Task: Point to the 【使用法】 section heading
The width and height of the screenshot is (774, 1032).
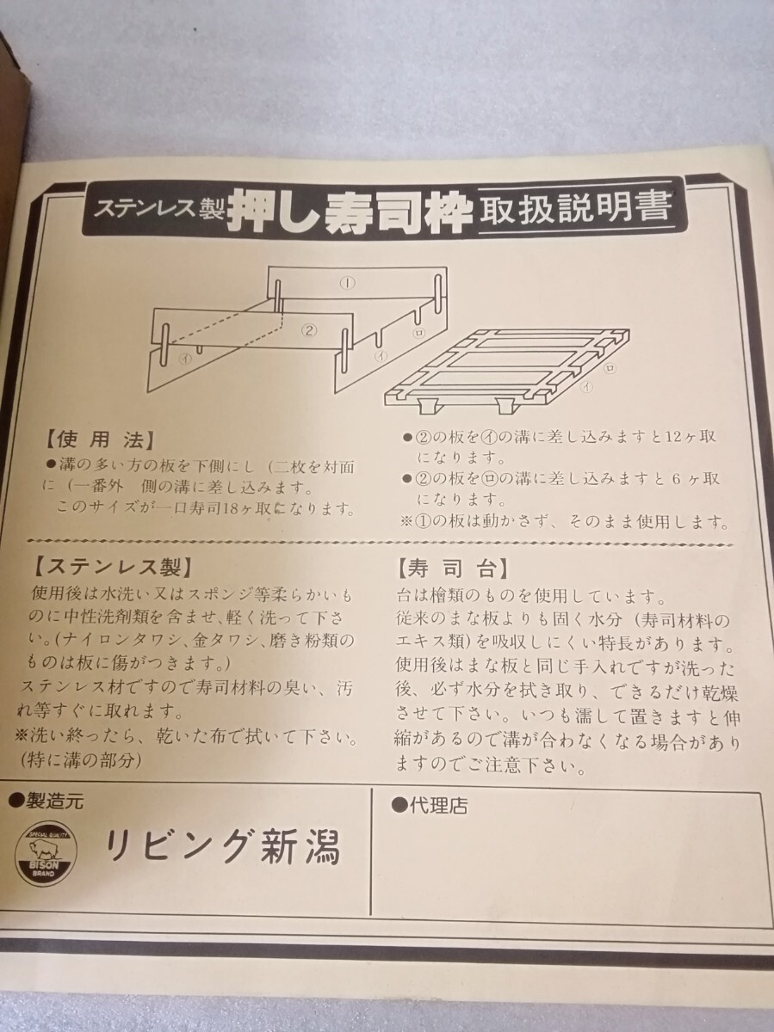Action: coord(101,442)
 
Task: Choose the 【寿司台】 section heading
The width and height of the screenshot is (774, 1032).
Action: coord(452,569)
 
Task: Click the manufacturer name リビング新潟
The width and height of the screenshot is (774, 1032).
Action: coord(222,848)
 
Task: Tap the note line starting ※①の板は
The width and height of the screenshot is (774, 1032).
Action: coord(566,522)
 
